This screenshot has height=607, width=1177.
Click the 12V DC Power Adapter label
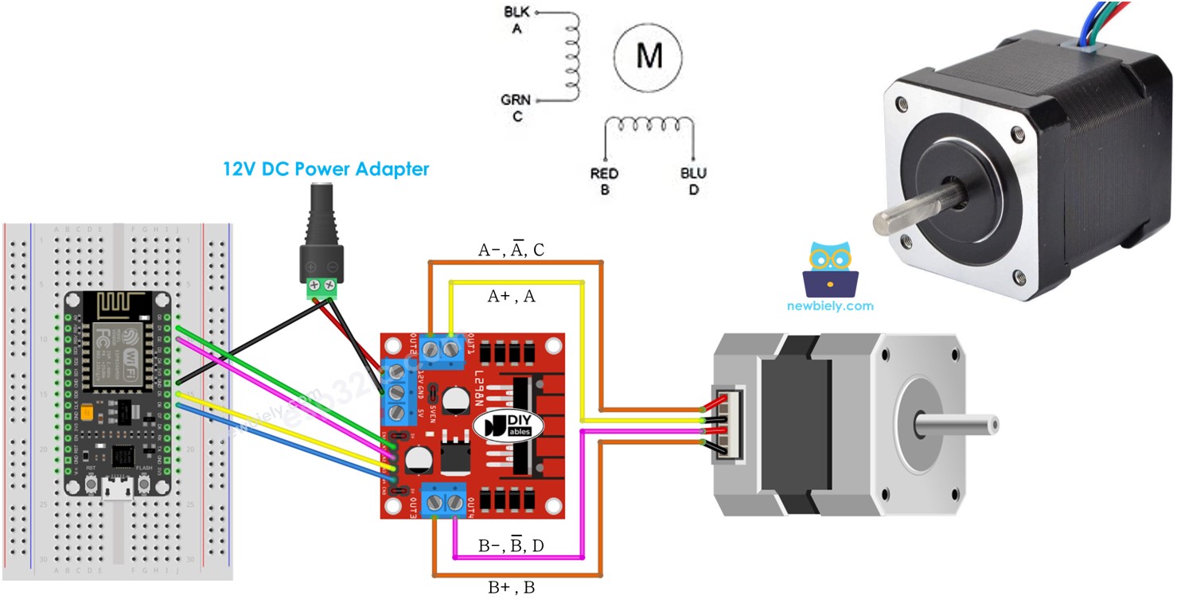(325, 169)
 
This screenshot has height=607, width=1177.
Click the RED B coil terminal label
(605, 181)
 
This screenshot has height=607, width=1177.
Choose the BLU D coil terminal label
(693, 181)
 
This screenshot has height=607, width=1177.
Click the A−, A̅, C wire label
(511, 250)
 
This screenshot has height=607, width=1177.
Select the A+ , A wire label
(511, 296)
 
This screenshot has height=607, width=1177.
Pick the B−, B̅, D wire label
(511, 546)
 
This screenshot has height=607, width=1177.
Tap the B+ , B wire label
(511, 589)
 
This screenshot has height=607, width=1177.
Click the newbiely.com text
(830, 305)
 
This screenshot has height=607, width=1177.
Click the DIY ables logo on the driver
(509, 426)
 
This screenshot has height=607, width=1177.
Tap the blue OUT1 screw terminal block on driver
(443, 348)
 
